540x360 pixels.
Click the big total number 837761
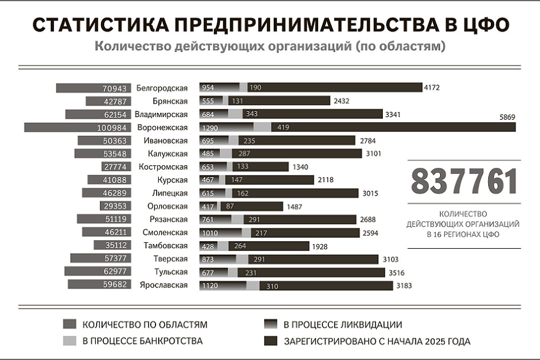(x=464, y=182)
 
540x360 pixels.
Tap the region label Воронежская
(x=163, y=127)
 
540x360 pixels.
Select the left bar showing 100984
(x=79, y=127)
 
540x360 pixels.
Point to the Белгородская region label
(x=162, y=88)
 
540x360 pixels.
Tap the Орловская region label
(x=167, y=206)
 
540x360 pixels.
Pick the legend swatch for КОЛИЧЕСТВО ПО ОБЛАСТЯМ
(x=71, y=324)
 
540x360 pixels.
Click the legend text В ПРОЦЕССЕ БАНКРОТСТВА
(x=143, y=341)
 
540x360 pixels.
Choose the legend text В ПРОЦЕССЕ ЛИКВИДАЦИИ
(x=343, y=324)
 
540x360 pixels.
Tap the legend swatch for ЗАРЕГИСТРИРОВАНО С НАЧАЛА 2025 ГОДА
(x=270, y=341)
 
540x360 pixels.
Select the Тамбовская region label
(x=166, y=246)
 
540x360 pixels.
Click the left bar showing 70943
(x=94, y=88)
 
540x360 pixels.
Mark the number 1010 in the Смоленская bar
(x=209, y=233)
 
